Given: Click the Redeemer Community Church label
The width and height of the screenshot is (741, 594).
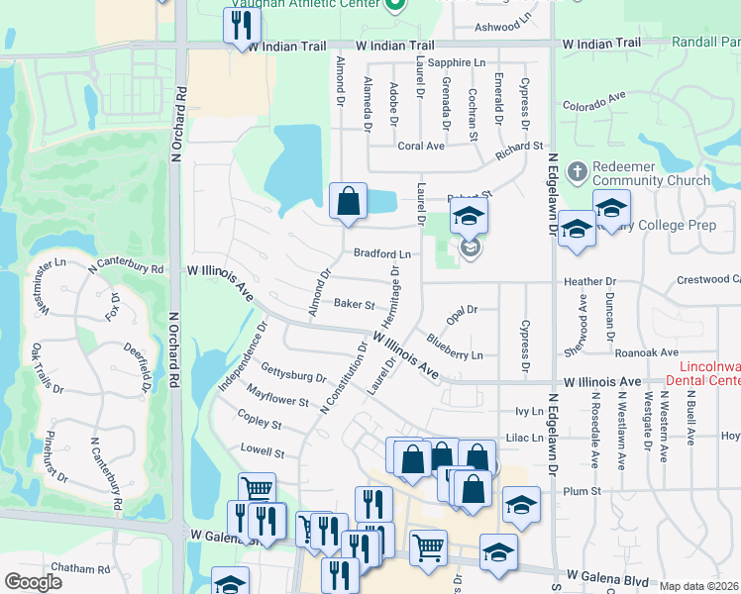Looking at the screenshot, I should [652, 173].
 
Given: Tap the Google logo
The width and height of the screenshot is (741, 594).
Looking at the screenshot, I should [33, 582].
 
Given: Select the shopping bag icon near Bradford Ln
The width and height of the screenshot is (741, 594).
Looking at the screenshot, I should [348, 201].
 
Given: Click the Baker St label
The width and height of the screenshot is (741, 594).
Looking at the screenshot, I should [354, 304].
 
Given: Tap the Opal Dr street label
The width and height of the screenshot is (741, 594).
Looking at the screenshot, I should [462, 311].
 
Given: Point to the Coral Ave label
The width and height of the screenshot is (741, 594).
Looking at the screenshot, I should [421, 146].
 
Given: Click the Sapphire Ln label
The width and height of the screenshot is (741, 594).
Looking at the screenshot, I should [465, 62].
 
